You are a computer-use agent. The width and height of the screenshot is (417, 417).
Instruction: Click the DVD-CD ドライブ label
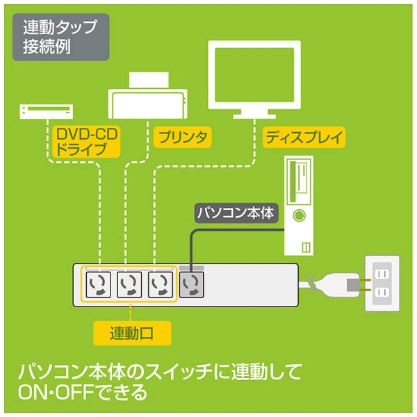87,142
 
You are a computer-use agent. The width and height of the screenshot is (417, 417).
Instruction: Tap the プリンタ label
182,137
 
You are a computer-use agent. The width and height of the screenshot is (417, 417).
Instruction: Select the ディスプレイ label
304,137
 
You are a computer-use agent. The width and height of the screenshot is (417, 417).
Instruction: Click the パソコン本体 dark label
236,213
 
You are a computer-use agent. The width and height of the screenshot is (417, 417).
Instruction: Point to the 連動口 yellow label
132,333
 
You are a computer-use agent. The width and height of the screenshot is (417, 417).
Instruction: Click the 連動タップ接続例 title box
61,38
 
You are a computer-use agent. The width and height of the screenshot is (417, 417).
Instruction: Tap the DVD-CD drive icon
47,112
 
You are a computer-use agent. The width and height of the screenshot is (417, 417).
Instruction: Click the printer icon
148,95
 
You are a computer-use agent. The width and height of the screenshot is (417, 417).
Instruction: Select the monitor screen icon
254,75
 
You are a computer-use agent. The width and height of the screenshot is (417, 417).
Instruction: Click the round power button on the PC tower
299,215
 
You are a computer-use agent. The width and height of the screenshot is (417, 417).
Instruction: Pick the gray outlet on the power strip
192,284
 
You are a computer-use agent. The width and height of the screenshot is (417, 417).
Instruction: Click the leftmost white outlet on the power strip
98,284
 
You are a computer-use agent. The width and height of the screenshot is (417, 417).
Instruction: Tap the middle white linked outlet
129,284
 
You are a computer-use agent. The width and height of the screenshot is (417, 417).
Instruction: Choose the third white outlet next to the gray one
161,284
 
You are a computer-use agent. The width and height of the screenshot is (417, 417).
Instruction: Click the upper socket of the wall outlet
382,274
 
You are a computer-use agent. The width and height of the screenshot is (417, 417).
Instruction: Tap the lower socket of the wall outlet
382,293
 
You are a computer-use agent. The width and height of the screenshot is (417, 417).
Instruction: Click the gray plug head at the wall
353,284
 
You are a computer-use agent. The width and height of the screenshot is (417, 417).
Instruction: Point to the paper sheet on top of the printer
149,81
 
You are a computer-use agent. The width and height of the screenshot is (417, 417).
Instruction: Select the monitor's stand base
254,116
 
